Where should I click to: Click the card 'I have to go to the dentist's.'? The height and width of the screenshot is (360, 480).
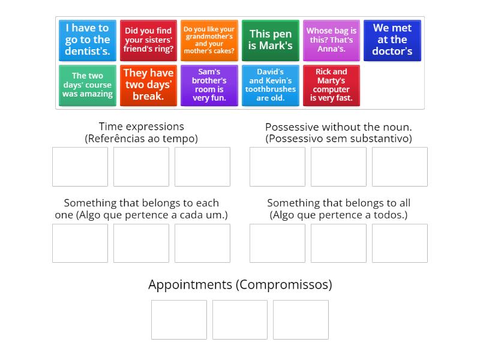[88, 40]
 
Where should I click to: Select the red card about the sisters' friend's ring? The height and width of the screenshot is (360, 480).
[148, 40]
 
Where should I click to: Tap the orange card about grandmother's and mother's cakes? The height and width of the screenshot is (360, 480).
[209, 40]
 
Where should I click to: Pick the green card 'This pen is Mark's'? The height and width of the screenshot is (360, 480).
[271, 40]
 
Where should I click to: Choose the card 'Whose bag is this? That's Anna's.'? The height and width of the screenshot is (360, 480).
[331, 40]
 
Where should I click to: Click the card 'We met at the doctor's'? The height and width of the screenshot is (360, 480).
[392, 40]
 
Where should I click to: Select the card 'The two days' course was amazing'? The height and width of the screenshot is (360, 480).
[88, 85]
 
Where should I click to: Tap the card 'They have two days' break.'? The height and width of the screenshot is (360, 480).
[148, 85]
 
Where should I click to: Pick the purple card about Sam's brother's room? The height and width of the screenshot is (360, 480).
[209, 85]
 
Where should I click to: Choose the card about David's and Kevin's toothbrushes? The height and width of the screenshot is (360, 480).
[271, 85]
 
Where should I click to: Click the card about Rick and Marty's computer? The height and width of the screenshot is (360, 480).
[331, 85]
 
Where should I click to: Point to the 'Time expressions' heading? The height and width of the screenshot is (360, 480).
[142, 127]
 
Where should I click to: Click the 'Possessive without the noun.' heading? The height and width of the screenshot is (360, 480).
[338, 127]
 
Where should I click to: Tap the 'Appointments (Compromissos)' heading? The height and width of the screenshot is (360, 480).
[240, 284]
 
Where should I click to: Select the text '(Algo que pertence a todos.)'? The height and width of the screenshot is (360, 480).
[338, 215]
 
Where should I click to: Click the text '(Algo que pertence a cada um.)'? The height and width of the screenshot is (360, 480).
[142, 215]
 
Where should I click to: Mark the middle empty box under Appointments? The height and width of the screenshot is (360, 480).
[240, 320]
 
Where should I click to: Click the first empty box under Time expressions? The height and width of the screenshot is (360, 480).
[80, 167]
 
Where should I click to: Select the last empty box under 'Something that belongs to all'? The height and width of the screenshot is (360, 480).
[400, 243]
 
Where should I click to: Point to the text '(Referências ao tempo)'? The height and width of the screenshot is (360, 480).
[142, 139]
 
